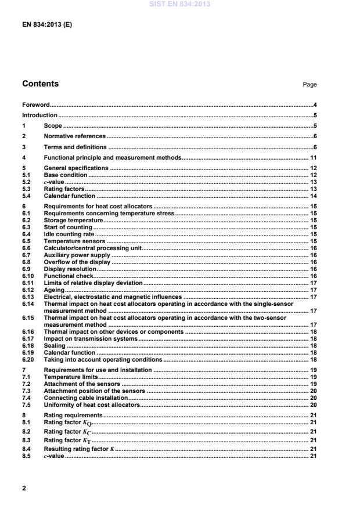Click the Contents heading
pos(40,84)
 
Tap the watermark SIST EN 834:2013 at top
pos(180,5)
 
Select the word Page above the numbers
pos(309,85)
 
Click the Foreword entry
pos(35,105)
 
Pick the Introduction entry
pos(39,115)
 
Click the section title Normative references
pos(75,136)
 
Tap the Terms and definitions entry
pos(75,147)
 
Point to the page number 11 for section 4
pos(312,157)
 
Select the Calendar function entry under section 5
pos(70,196)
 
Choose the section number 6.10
pos(28,276)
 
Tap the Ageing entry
pos(54,290)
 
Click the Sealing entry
pos(55,345)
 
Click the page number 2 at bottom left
pos(24,488)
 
